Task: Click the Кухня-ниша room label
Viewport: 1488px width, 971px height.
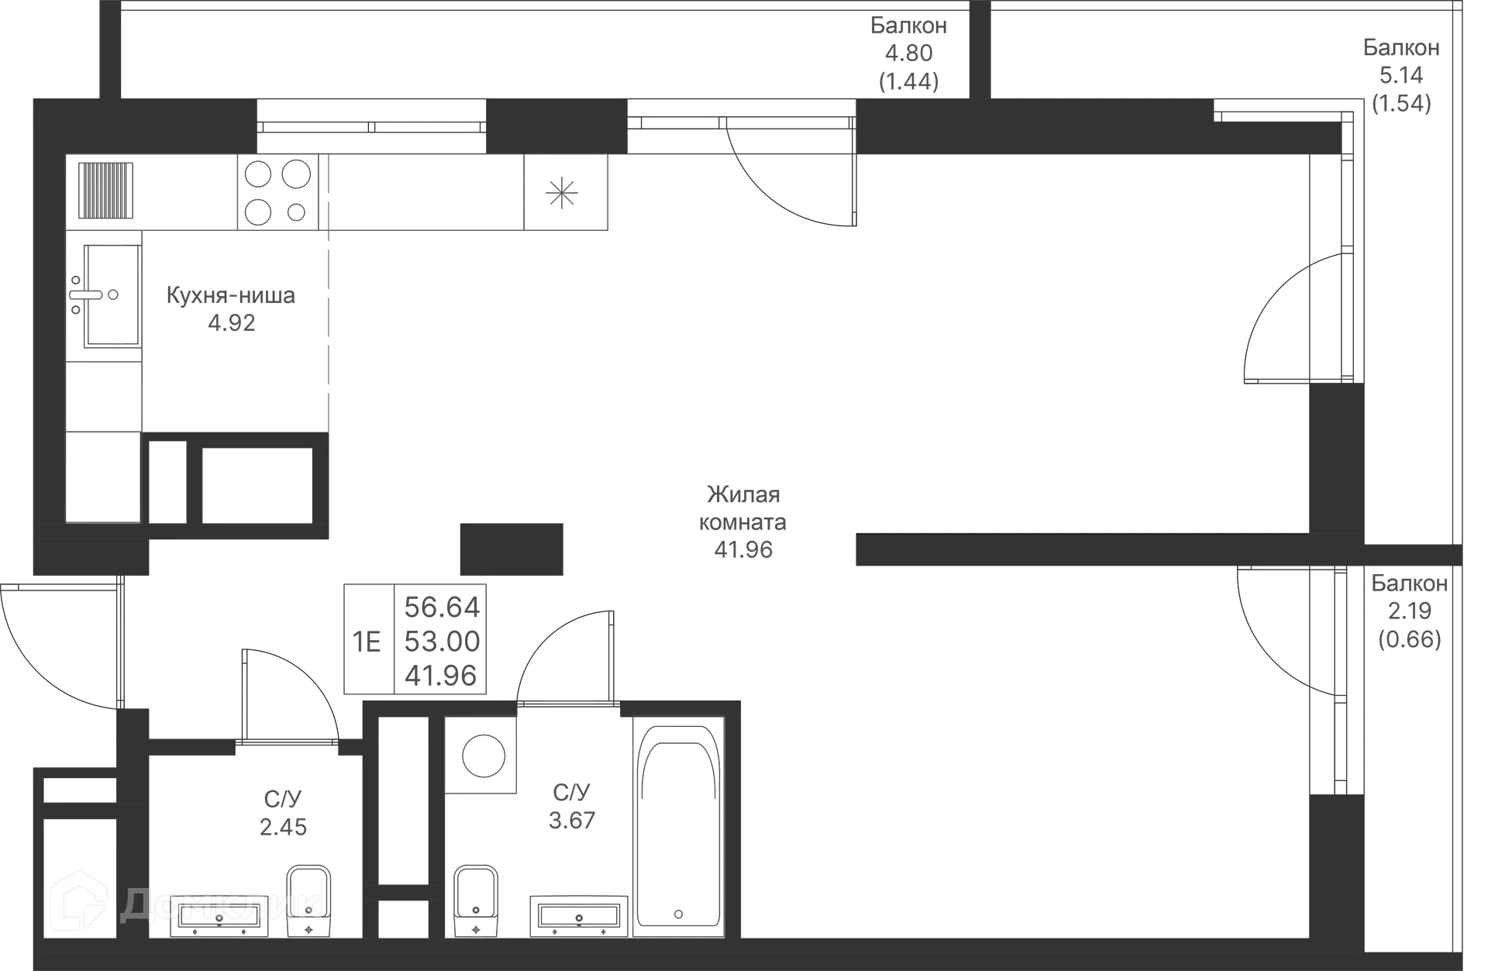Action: pos(231,296)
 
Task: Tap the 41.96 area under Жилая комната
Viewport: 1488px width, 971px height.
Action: pos(743,549)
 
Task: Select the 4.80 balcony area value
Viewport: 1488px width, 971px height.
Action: pos(908,53)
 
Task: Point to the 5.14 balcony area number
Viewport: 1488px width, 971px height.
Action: pos(1401,75)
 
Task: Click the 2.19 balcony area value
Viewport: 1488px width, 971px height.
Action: pos(1409,611)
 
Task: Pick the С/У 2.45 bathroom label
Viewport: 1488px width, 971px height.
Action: pos(283,813)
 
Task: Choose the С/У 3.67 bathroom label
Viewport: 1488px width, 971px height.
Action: pos(572,806)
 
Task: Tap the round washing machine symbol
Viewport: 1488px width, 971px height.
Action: pos(484,755)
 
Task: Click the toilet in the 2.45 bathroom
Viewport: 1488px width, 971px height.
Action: pos(308,900)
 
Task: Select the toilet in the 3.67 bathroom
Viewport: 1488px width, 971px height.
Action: pos(475,900)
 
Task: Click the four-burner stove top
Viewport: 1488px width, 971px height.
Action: pos(277,192)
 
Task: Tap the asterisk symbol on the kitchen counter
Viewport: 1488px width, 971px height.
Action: pos(562,192)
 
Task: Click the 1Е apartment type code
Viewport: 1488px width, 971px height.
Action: pos(367,642)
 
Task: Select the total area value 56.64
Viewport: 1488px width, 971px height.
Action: pos(442,608)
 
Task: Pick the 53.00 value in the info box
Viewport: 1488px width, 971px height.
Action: pos(442,642)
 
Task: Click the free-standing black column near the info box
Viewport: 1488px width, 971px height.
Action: pos(511,549)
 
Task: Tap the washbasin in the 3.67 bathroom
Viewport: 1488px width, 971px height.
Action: pos(579,917)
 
